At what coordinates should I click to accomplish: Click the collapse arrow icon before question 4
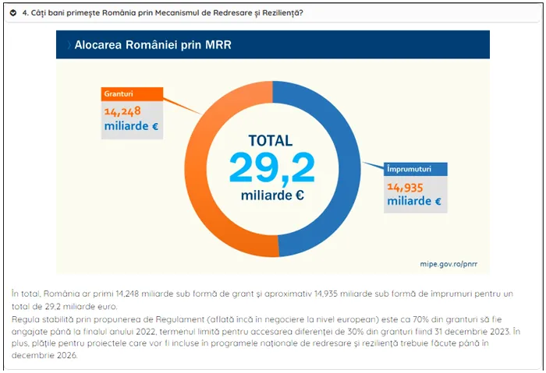click(13, 12)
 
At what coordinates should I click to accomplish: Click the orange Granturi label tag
click(116, 93)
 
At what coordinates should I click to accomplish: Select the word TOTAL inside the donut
click(270, 141)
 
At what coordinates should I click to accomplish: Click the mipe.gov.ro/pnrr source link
click(448, 264)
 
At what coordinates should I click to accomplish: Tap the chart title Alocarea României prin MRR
click(153, 45)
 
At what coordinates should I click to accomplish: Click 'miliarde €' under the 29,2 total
click(271, 195)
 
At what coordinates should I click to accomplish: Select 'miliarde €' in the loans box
click(413, 202)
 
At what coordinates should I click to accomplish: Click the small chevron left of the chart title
click(68, 45)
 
